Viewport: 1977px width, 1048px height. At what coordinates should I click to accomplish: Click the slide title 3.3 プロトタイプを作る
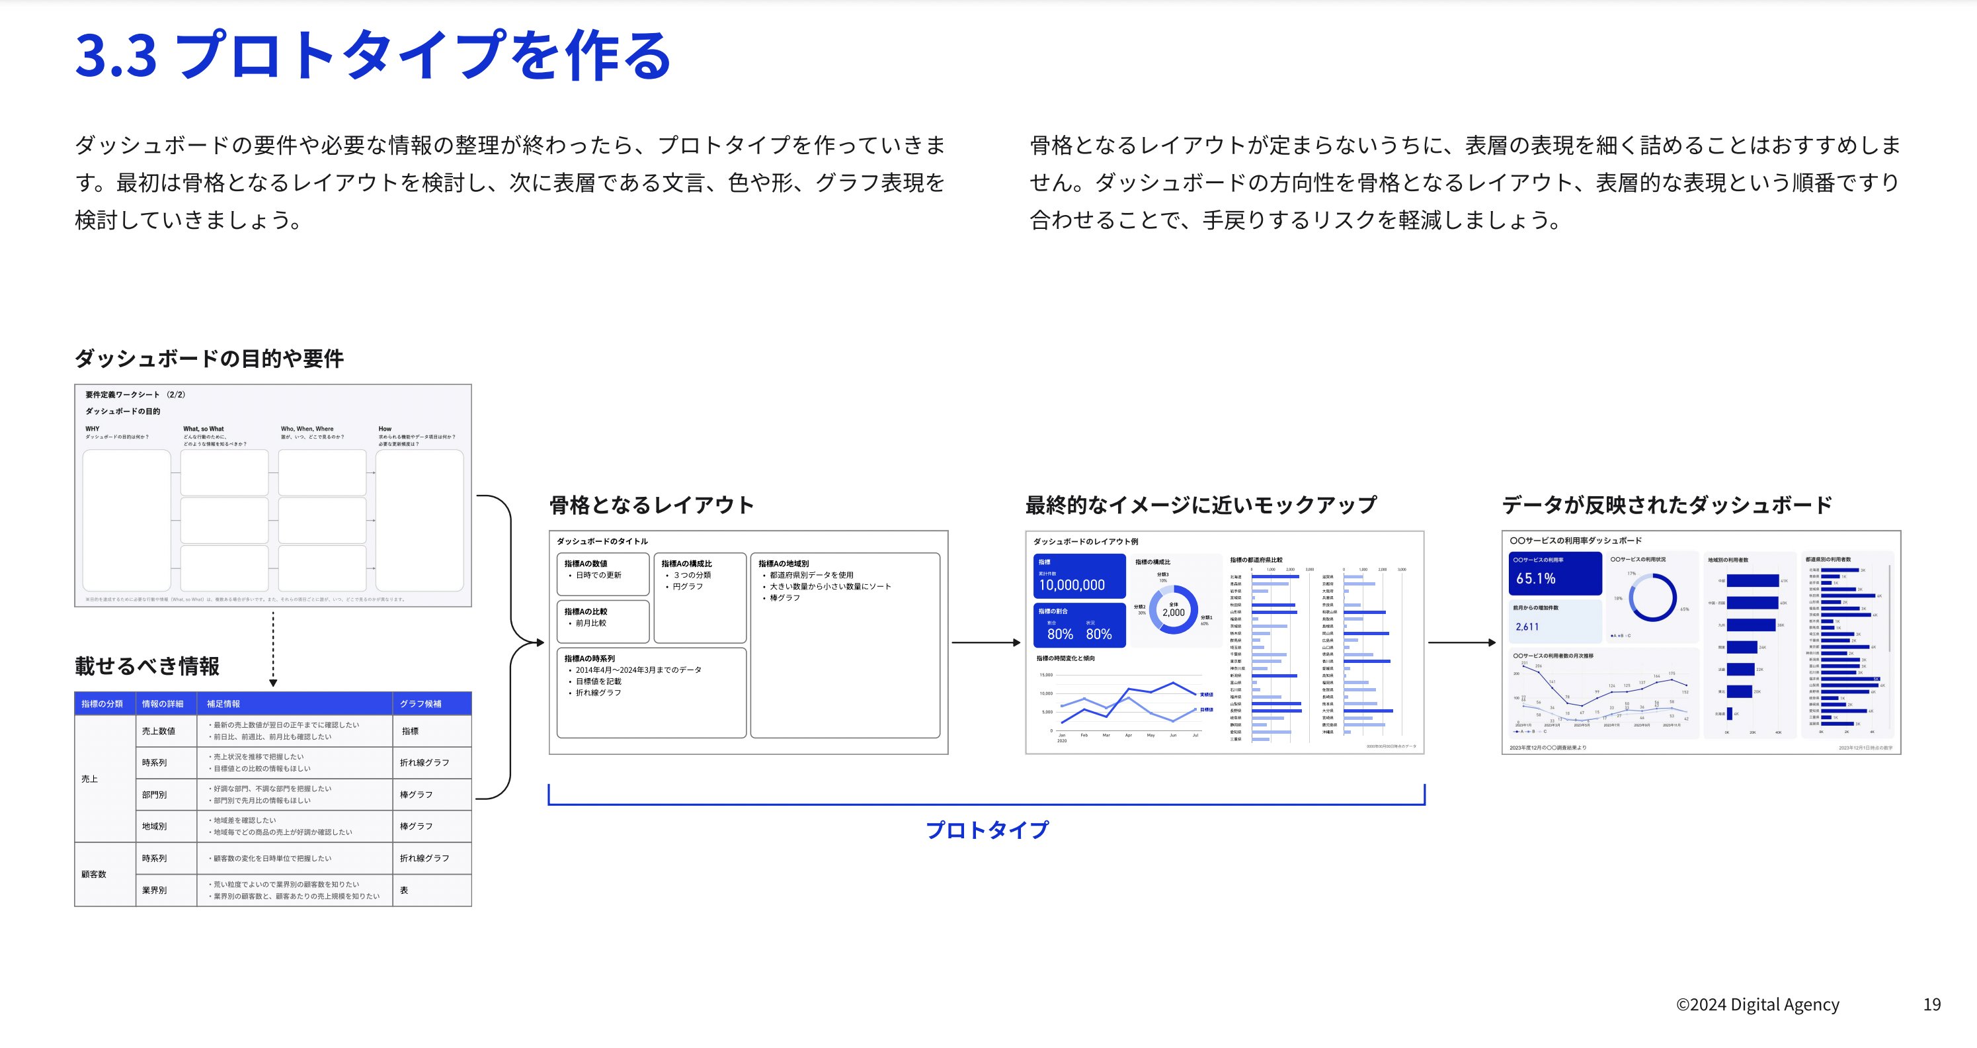pos(373,56)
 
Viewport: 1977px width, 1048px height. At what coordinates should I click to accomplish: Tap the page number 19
pos(1931,1004)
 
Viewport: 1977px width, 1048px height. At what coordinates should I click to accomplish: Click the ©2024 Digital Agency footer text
pos(1757,1004)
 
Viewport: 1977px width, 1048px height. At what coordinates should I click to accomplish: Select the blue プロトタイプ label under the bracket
pos(987,830)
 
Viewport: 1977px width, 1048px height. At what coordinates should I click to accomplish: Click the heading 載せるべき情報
pos(147,666)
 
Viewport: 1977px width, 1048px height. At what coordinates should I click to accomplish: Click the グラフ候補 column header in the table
pos(420,703)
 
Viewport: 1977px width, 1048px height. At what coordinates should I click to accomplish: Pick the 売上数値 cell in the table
pos(158,731)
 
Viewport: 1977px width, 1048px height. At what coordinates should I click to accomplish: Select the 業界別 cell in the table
pos(153,890)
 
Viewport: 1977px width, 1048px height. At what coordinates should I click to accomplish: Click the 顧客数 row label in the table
pos(94,874)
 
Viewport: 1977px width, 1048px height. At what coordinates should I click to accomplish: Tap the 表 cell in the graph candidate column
pos(404,890)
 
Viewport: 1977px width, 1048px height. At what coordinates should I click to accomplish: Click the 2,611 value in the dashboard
pos(1527,627)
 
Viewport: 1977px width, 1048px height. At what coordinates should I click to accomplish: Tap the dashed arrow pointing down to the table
pos(273,649)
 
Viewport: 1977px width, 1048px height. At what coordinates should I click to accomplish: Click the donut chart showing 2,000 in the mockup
pos(1173,609)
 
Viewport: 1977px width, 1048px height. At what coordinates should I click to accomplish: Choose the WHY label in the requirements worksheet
pos(92,429)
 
